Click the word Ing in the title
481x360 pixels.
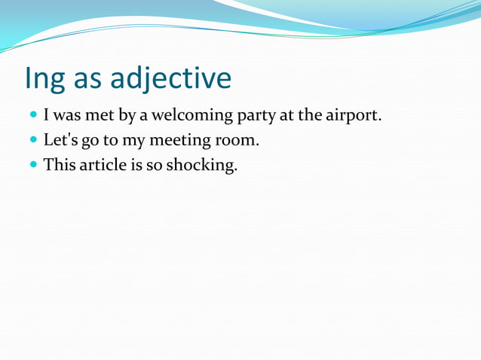click(x=44, y=78)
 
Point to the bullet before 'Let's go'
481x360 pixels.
click(x=34, y=141)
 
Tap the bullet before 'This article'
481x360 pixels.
click(x=34, y=164)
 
